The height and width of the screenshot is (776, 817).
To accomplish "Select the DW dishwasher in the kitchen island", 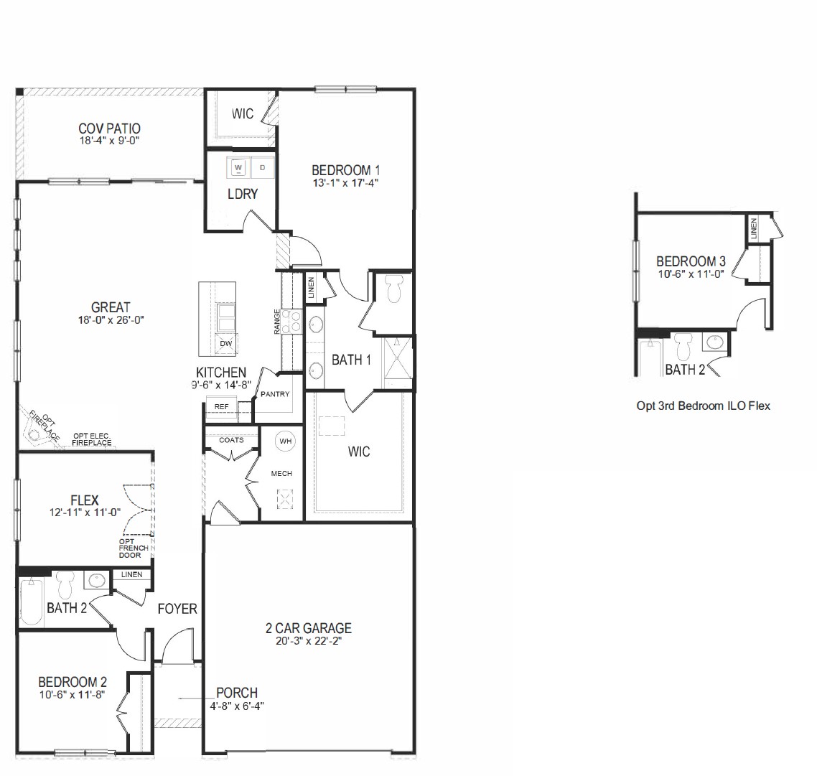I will point(226,344).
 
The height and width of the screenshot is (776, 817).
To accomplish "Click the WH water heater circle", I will point(286,441).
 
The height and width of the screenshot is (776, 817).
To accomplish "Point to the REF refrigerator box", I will point(221,407).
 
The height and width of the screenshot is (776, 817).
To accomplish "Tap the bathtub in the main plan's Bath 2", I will point(31,601).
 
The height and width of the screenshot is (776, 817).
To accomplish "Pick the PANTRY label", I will point(275,394).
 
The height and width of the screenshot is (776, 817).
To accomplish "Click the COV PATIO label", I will point(110,128).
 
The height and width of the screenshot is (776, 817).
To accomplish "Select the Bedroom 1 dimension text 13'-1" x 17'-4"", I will point(345,183).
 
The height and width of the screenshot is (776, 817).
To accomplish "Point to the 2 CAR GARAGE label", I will point(309,629).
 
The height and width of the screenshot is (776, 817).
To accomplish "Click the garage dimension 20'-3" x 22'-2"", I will point(309,642).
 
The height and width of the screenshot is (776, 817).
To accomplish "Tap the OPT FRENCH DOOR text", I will point(134,548).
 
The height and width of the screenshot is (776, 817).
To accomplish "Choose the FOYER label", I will point(177,609).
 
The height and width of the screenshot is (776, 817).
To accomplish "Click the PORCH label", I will point(237,693).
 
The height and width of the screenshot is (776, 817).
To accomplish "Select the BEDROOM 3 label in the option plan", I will point(686,261).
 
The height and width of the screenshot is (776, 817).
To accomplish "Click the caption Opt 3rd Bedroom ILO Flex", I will point(703,406).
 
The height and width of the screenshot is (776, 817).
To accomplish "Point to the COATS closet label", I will point(231,440).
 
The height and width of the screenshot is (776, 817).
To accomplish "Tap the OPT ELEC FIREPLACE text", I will point(92,439).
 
